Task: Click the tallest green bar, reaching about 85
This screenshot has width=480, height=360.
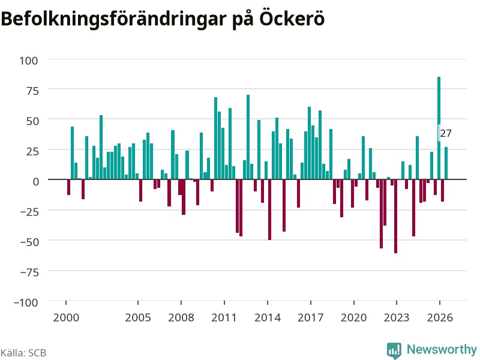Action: coord(439,128)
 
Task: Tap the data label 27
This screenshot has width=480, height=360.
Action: coord(446,133)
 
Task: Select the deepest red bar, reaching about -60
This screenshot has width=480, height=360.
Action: coord(395,216)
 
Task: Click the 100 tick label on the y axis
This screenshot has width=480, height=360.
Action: coord(29,61)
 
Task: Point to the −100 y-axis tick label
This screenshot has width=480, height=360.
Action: coord(26,302)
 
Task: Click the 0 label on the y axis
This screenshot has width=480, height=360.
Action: coord(36,182)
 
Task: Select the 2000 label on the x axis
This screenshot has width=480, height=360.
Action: coord(66,317)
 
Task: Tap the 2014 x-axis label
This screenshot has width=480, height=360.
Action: coord(268,317)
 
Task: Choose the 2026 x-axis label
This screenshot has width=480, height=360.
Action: coord(440,317)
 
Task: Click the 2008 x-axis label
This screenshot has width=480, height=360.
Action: coord(181,317)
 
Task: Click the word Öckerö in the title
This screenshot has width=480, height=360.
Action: coord(292,19)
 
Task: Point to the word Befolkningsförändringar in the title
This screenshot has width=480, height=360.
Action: coord(113,19)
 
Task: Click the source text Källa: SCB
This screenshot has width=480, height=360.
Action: coord(23,353)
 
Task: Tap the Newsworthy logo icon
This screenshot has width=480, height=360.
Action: coord(394,350)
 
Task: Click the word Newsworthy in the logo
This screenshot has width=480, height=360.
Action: coord(442,349)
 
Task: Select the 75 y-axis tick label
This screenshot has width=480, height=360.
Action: coord(32,91)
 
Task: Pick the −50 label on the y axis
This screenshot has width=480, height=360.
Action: coord(29,242)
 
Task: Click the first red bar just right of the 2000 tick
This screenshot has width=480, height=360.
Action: coord(68,187)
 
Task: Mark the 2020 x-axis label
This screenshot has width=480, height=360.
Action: coord(353,317)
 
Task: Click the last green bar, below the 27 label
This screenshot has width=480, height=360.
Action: coord(446,163)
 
